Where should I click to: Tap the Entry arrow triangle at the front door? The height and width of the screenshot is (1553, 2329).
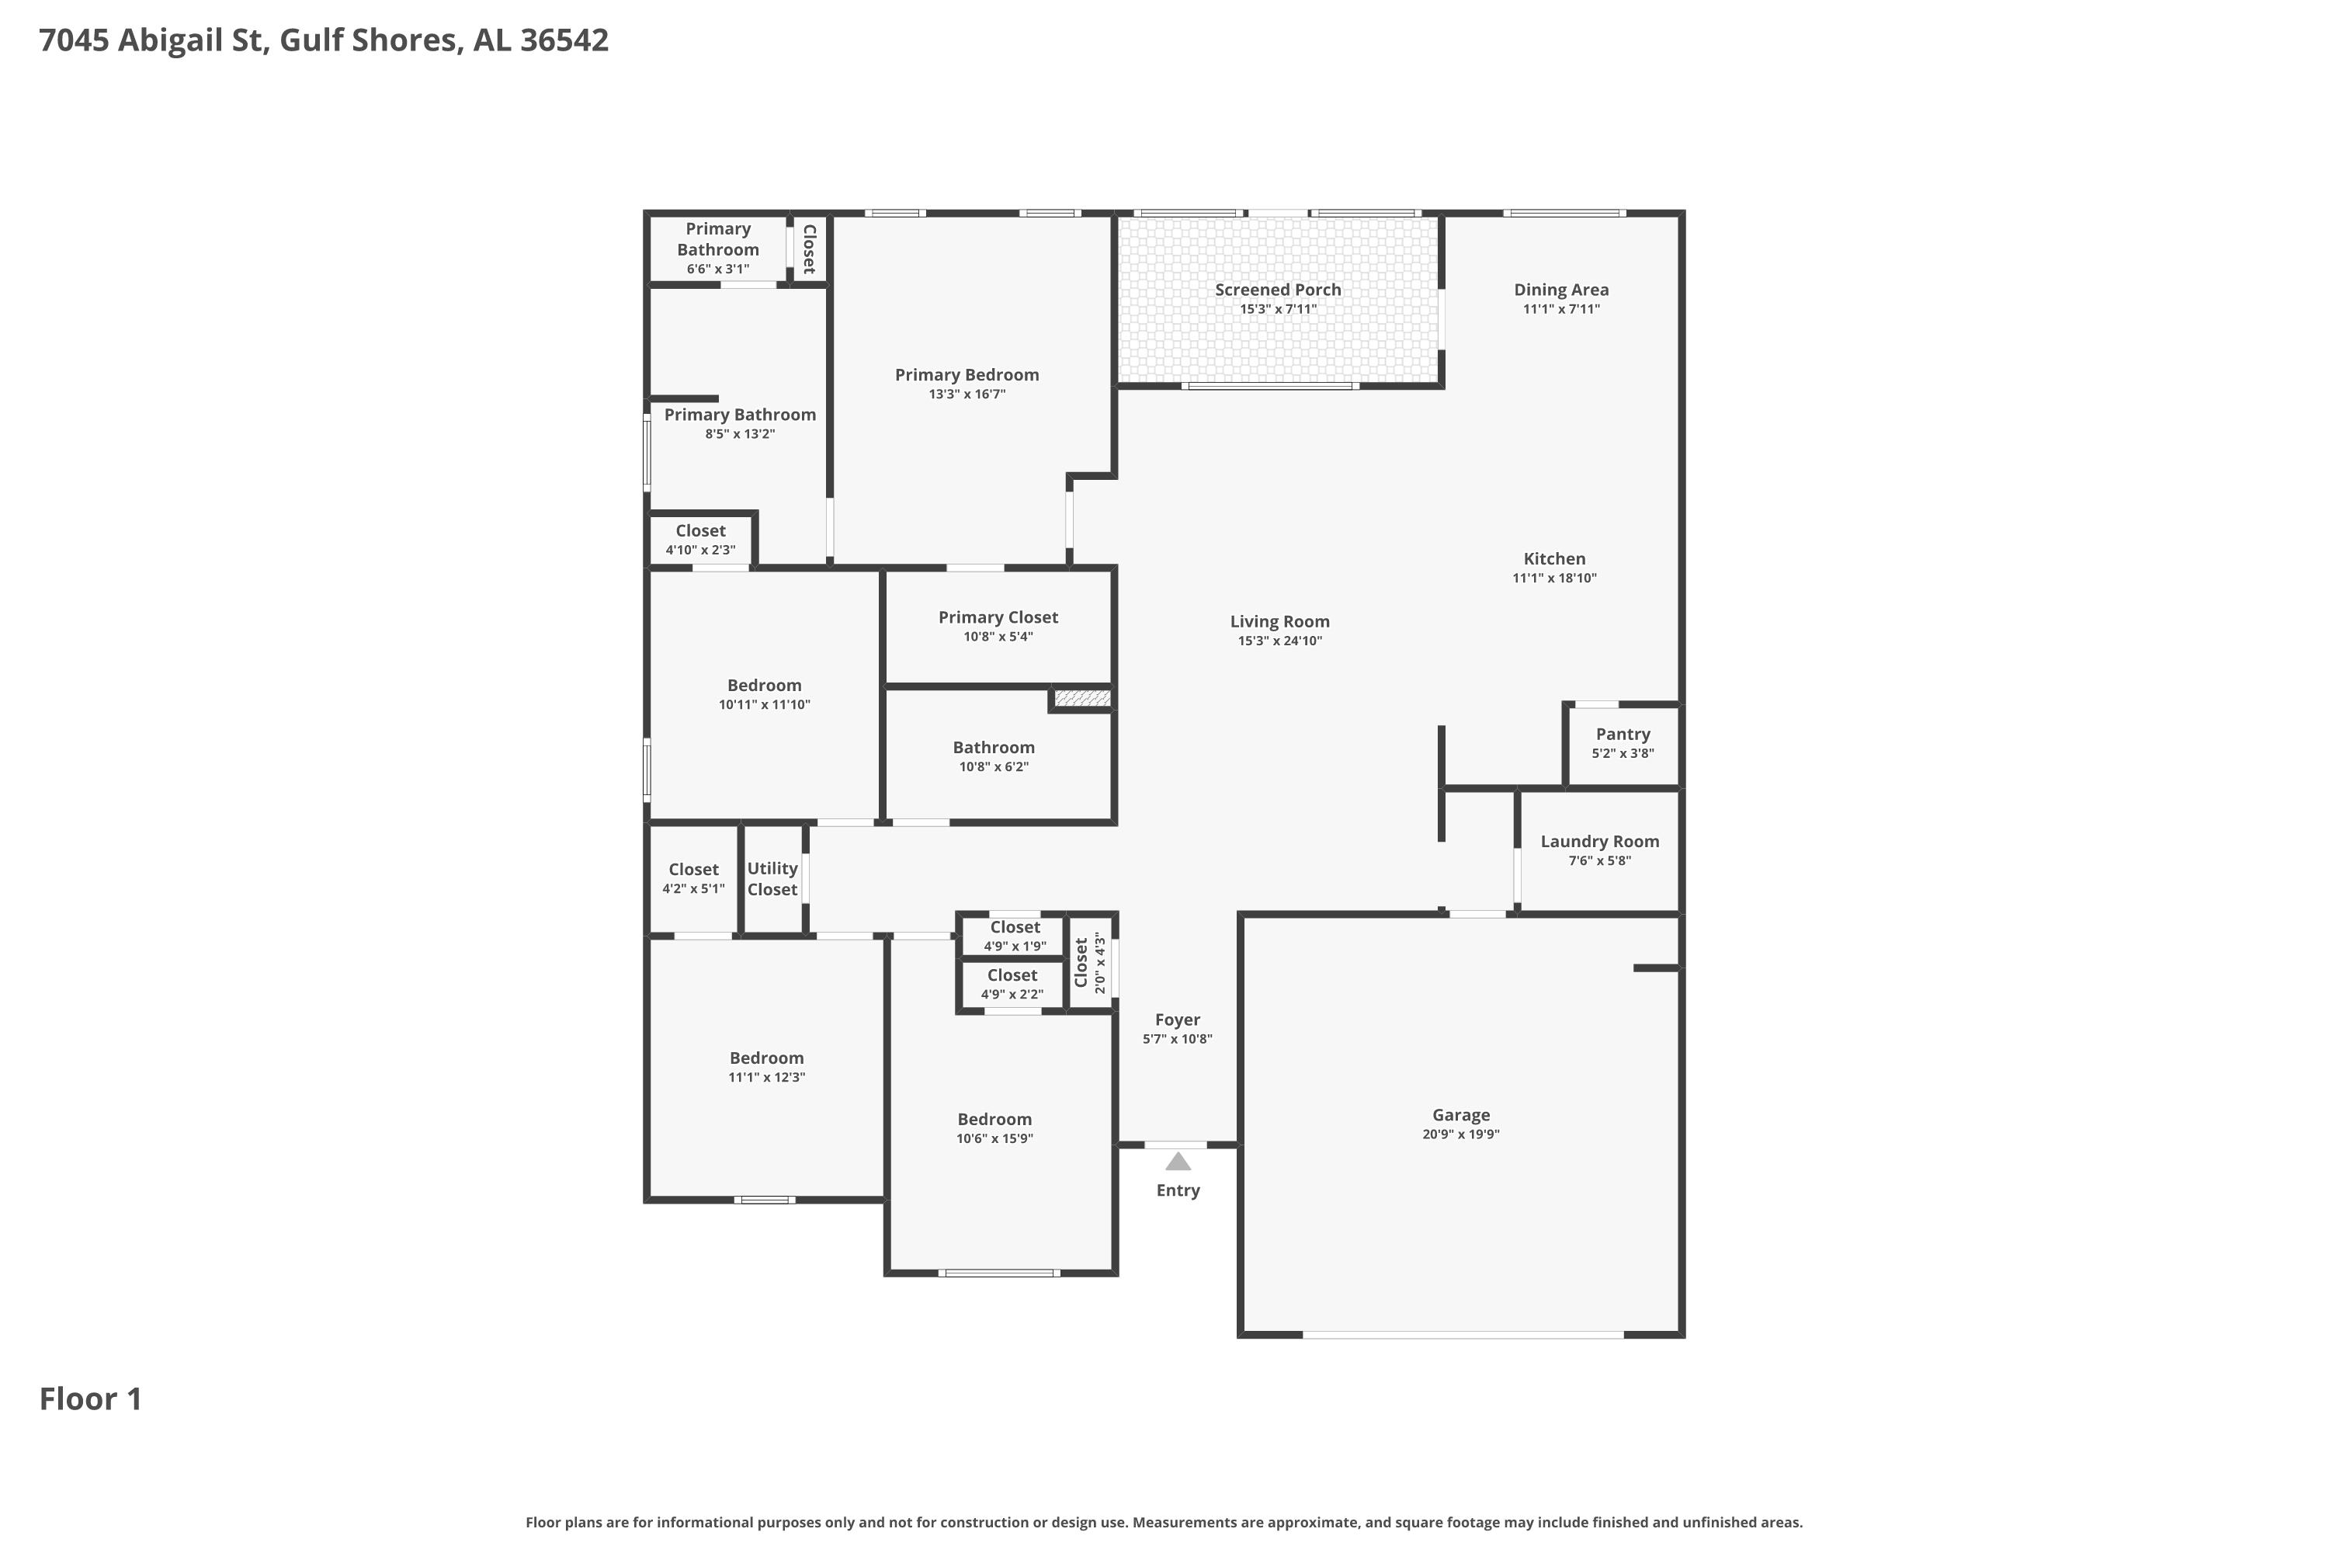pyautogui.click(x=1178, y=1161)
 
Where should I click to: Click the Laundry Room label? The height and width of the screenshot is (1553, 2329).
pyautogui.click(x=1599, y=842)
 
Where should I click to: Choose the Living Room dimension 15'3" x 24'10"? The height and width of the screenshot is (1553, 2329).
pyautogui.click(x=1279, y=641)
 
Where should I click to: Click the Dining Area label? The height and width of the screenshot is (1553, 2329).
pyautogui.click(x=1560, y=290)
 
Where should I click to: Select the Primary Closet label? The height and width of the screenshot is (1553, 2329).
pyautogui.click(x=998, y=618)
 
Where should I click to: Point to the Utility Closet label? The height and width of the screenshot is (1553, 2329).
pyautogui.click(x=772, y=878)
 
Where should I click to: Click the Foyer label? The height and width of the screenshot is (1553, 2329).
pyautogui.click(x=1178, y=1020)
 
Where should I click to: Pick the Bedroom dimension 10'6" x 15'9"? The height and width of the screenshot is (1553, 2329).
pyautogui.click(x=994, y=1139)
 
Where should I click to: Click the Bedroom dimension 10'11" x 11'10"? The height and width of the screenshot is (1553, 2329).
pyautogui.click(x=765, y=705)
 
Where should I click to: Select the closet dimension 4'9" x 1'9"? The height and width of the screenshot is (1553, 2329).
pyautogui.click(x=1014, y=946)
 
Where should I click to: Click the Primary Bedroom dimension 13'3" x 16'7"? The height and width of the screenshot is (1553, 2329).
pyautogui.click(x=967, y=394)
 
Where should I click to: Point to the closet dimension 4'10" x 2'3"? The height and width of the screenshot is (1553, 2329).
pyautogui.click(x=700, y=550)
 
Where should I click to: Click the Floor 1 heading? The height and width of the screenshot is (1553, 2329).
pyautogui.click(x=90, y=1399)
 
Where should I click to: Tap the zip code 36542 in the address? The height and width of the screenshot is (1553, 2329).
pyautogui.click(x=564, y=40)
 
